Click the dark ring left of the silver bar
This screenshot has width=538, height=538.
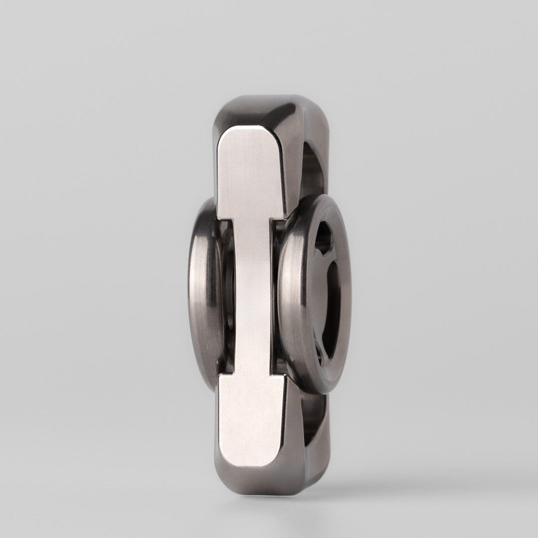click(202, 294)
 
